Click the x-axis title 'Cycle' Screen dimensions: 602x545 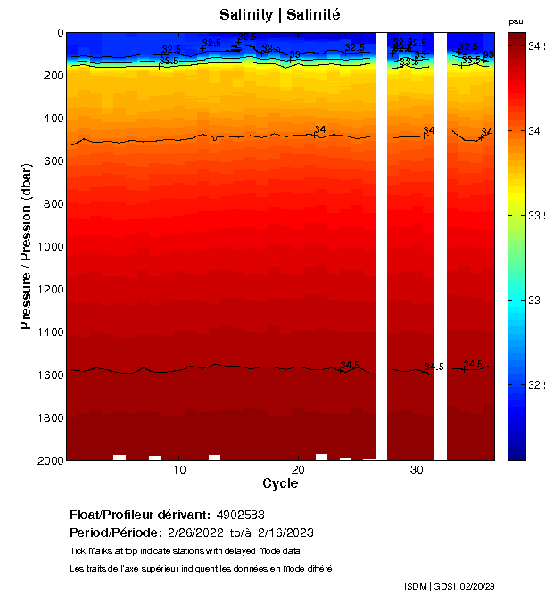(x=280, y=483)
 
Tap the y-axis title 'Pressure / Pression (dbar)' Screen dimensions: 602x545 (x=26, y=246)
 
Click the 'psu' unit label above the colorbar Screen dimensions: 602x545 (x=516, y=21)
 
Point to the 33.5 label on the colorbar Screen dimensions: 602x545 (x=532, y=216)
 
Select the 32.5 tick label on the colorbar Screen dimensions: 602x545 (x=532, y=385)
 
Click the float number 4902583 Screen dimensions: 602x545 (x=240, y=515)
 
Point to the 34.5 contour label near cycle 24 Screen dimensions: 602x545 (x=350, y=366)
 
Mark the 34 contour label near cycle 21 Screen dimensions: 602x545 (x=320, y=130)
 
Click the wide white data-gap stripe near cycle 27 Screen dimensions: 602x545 (x=381, y=245)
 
